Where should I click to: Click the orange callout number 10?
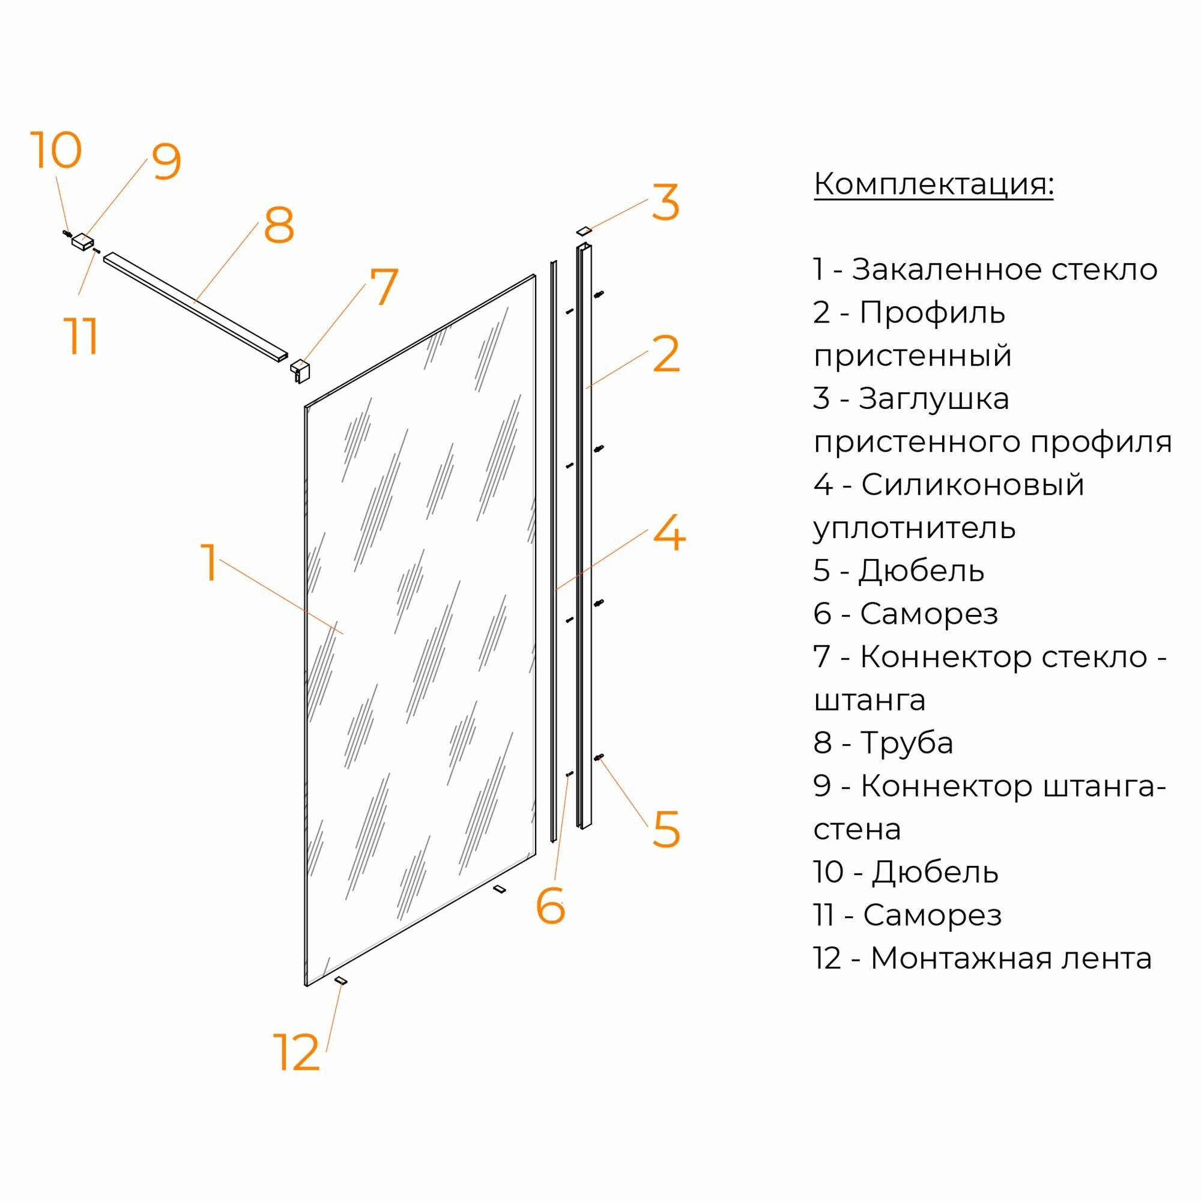pos(56,151)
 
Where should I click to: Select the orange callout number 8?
pos(279,225)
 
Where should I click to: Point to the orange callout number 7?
pos(383,286)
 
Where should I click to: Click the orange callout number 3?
pos(666,202)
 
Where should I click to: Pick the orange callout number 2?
pos(667,354)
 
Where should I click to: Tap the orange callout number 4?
pos(669,533)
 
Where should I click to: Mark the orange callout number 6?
pos(550,907)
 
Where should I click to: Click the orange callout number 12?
pos(297,1053)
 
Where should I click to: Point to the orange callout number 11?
pos(82,336)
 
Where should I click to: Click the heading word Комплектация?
pos(933,184)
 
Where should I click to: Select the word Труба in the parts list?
pos(906,743)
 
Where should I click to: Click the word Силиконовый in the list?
pos(972,485)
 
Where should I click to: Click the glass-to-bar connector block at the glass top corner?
pos(300,370)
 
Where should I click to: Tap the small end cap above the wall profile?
pos(584,231)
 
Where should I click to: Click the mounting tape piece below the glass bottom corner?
pos(340,981)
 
